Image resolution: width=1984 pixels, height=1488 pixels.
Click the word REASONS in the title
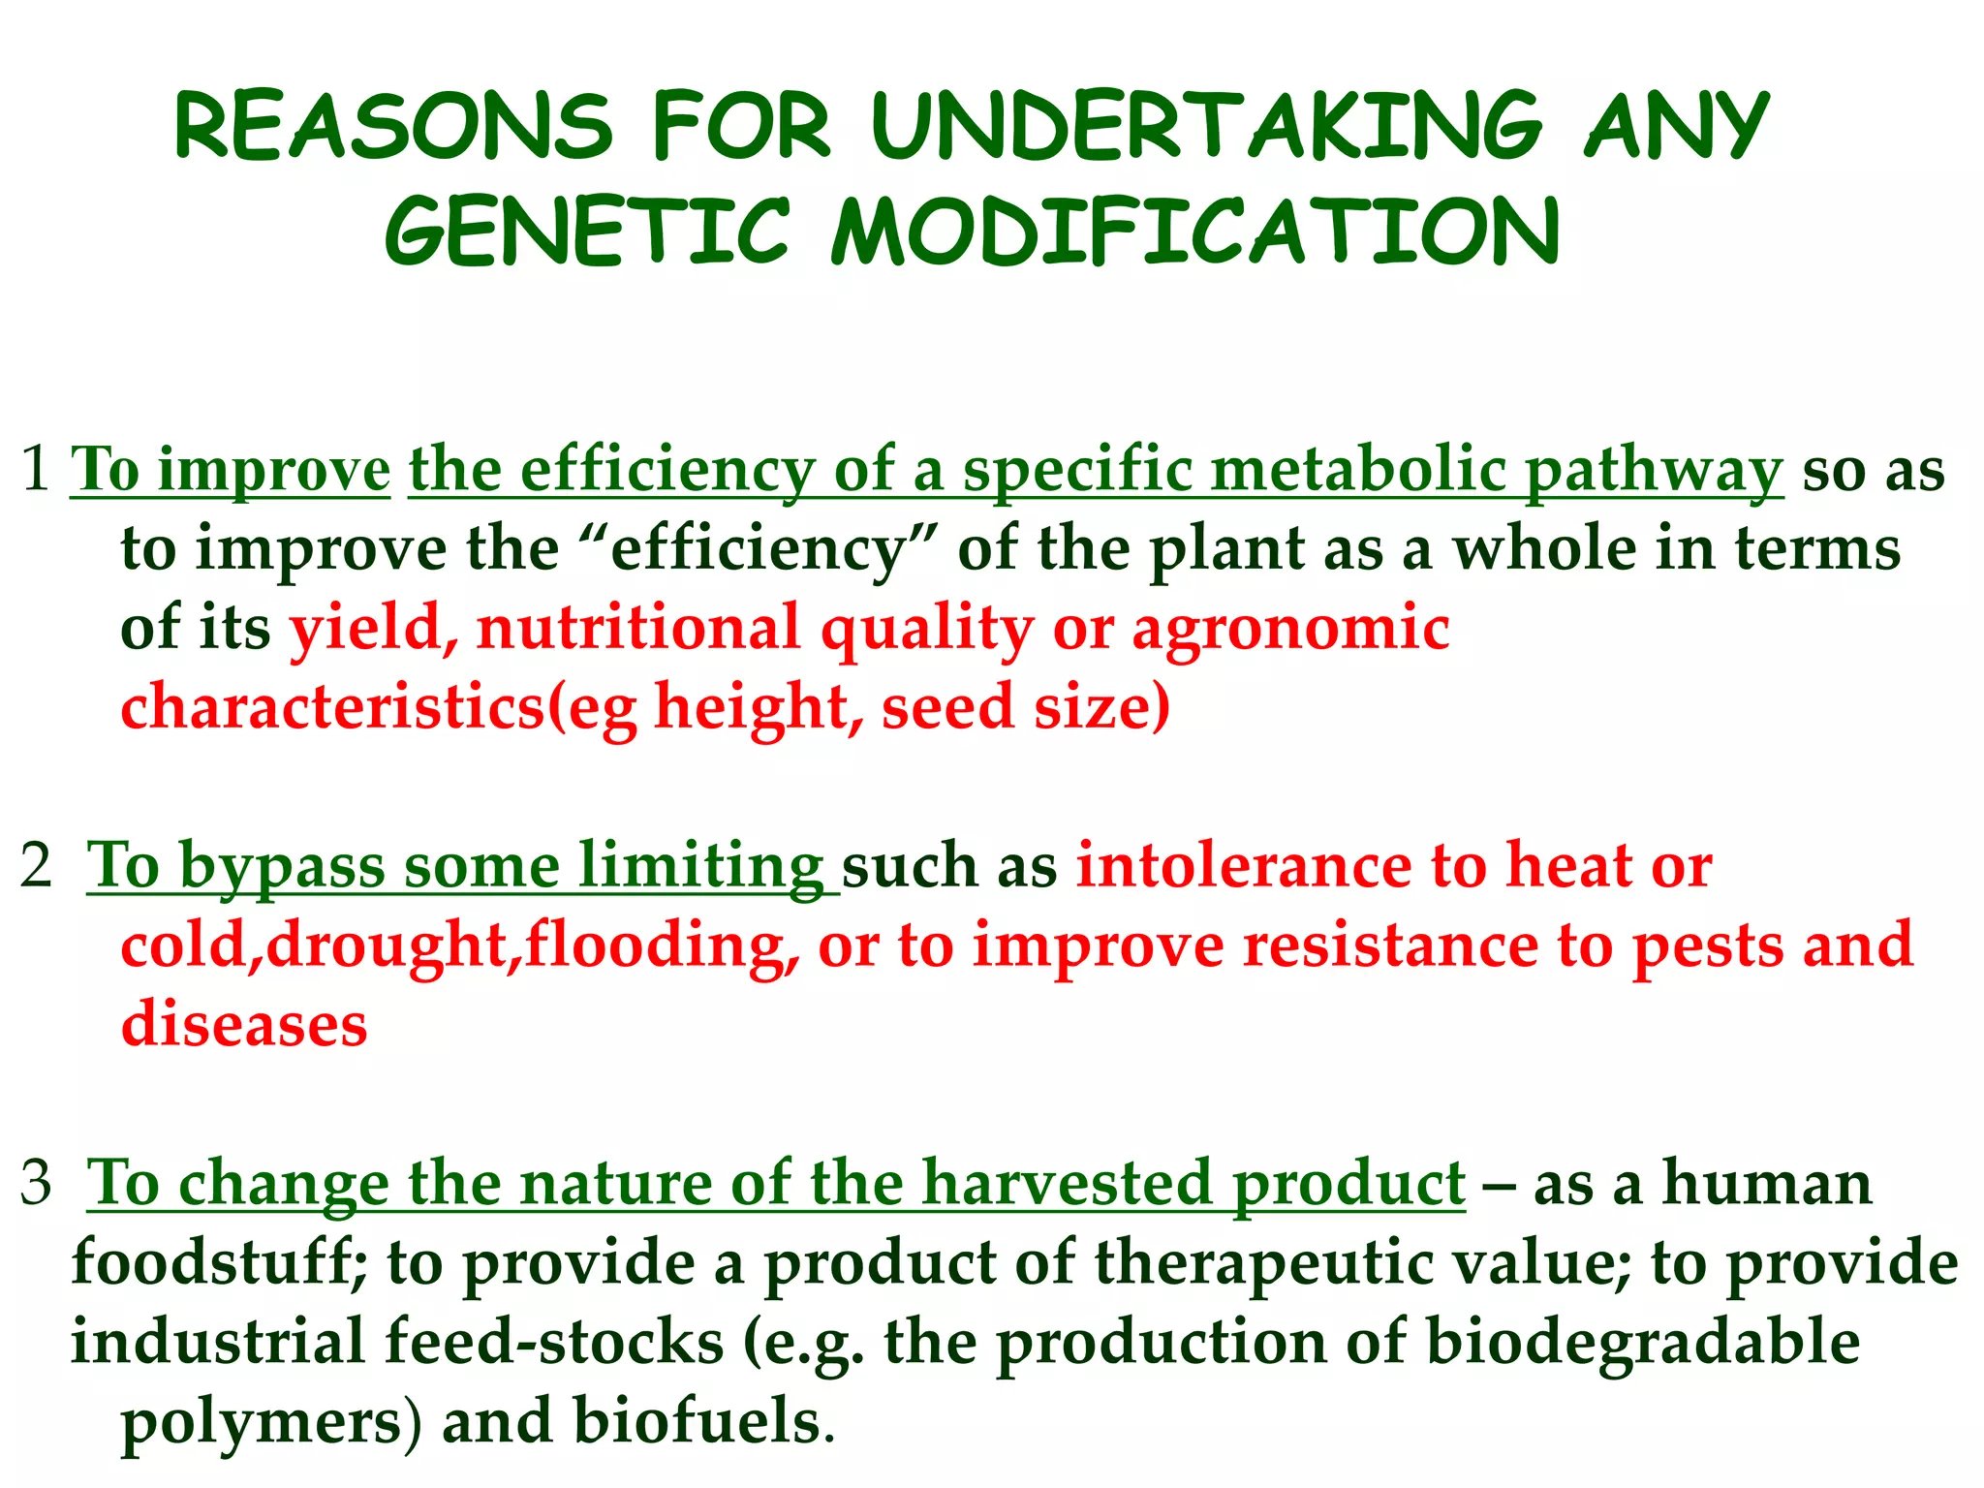pyautogui.click(x=393, y=126)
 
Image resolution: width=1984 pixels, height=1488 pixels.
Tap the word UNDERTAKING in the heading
pyautogui.click(x=1206, y=126)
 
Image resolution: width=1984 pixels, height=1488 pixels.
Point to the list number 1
pyautogui.click(x=36, y=469)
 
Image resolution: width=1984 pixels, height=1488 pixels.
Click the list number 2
pyautogui.click(x=36, y=865)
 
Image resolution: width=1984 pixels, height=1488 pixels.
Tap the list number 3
pyautogui.click(x=36, y=1183)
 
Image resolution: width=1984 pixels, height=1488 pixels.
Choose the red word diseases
pyautogui.click(x=244, y=1025)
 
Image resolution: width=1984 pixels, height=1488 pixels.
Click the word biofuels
pyautogui.click(x=696, y=1422)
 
